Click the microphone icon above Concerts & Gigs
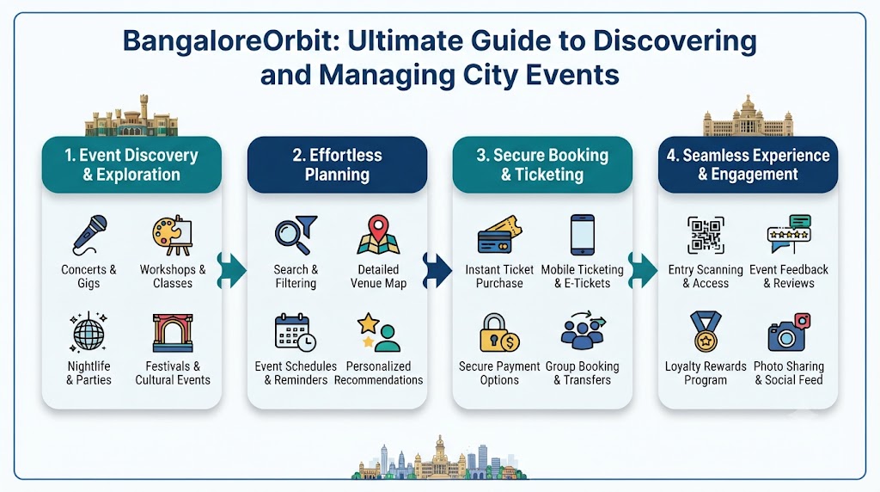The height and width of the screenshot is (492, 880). coord(89,235)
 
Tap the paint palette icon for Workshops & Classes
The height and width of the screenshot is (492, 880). coord(172,236)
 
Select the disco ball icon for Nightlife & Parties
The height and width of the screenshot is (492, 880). coord(89,332)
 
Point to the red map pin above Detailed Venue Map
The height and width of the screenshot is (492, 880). coord(379,226)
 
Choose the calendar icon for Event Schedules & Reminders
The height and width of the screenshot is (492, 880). coord(296,333)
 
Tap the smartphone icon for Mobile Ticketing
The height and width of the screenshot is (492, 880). coord(583,235)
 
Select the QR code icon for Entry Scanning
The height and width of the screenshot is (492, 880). coord(706,235)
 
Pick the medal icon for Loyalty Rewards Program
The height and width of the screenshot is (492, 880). coord(706,331)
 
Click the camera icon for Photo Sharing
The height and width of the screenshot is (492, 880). coord(789,333)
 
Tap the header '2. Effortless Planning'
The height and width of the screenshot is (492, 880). coord(337,164)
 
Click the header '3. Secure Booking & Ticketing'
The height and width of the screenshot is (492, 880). coord(543,164)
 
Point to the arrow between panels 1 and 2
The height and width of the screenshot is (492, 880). coord(232,270)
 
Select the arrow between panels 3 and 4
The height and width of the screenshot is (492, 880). coord(643,270)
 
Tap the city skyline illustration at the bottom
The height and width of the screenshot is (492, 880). coord(439,458)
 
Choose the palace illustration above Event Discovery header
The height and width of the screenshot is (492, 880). coord(131,116)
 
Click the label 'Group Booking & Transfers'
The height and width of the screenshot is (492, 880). coord(583,373)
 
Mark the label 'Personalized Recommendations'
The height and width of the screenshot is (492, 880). coord(379,373)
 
